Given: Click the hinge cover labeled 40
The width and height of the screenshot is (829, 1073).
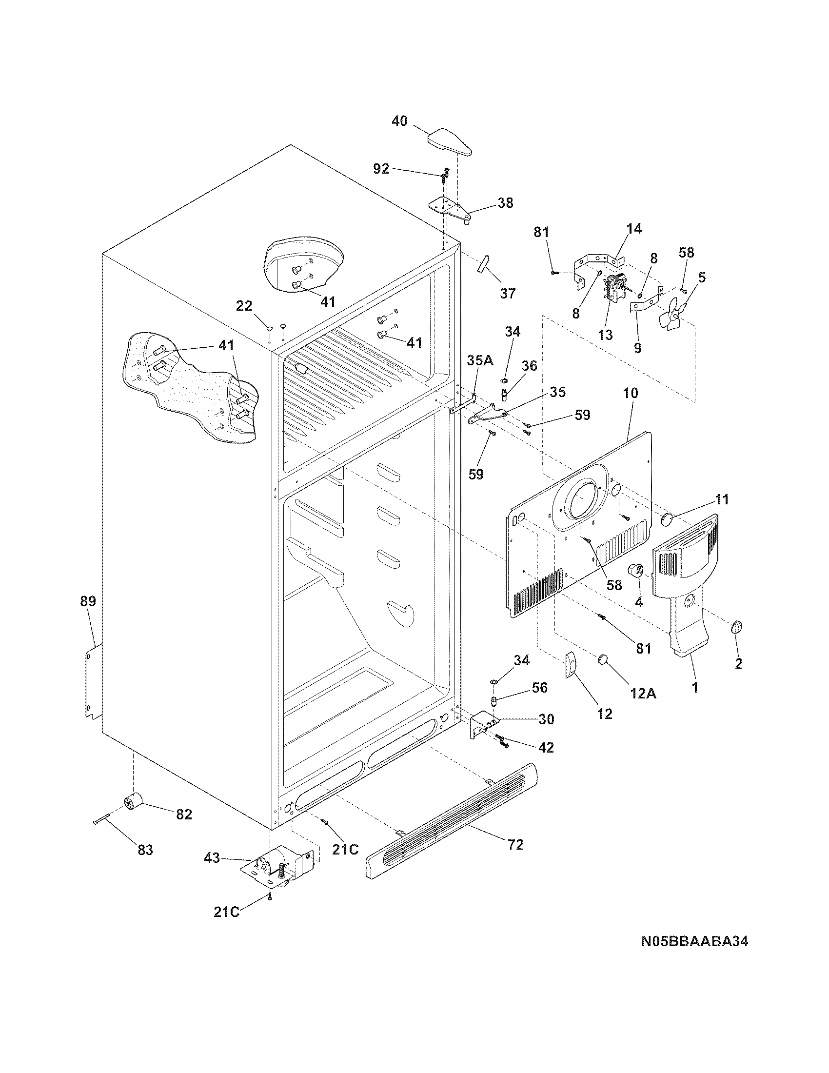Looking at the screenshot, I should [x=448, y=142].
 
